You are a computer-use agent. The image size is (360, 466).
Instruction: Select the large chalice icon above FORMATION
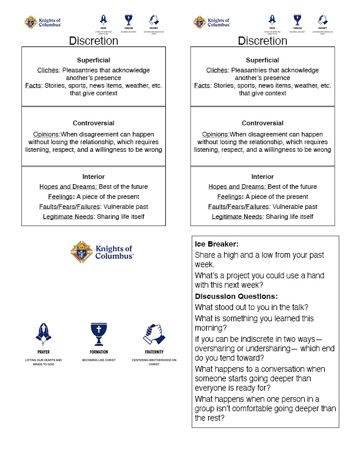click(x=99, y=333)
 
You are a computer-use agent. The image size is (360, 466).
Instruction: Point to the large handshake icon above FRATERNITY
click(x=155, y=334)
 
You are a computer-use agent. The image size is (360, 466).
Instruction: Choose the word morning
click(x=212, y=328)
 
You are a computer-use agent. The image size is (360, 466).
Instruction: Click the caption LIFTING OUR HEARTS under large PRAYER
click(x=43, y=360)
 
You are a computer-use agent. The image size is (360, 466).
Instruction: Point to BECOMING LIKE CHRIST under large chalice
click(x=99, y=360)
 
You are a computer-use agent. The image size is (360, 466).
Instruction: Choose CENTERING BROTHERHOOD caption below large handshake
click(x=155, y=360)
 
